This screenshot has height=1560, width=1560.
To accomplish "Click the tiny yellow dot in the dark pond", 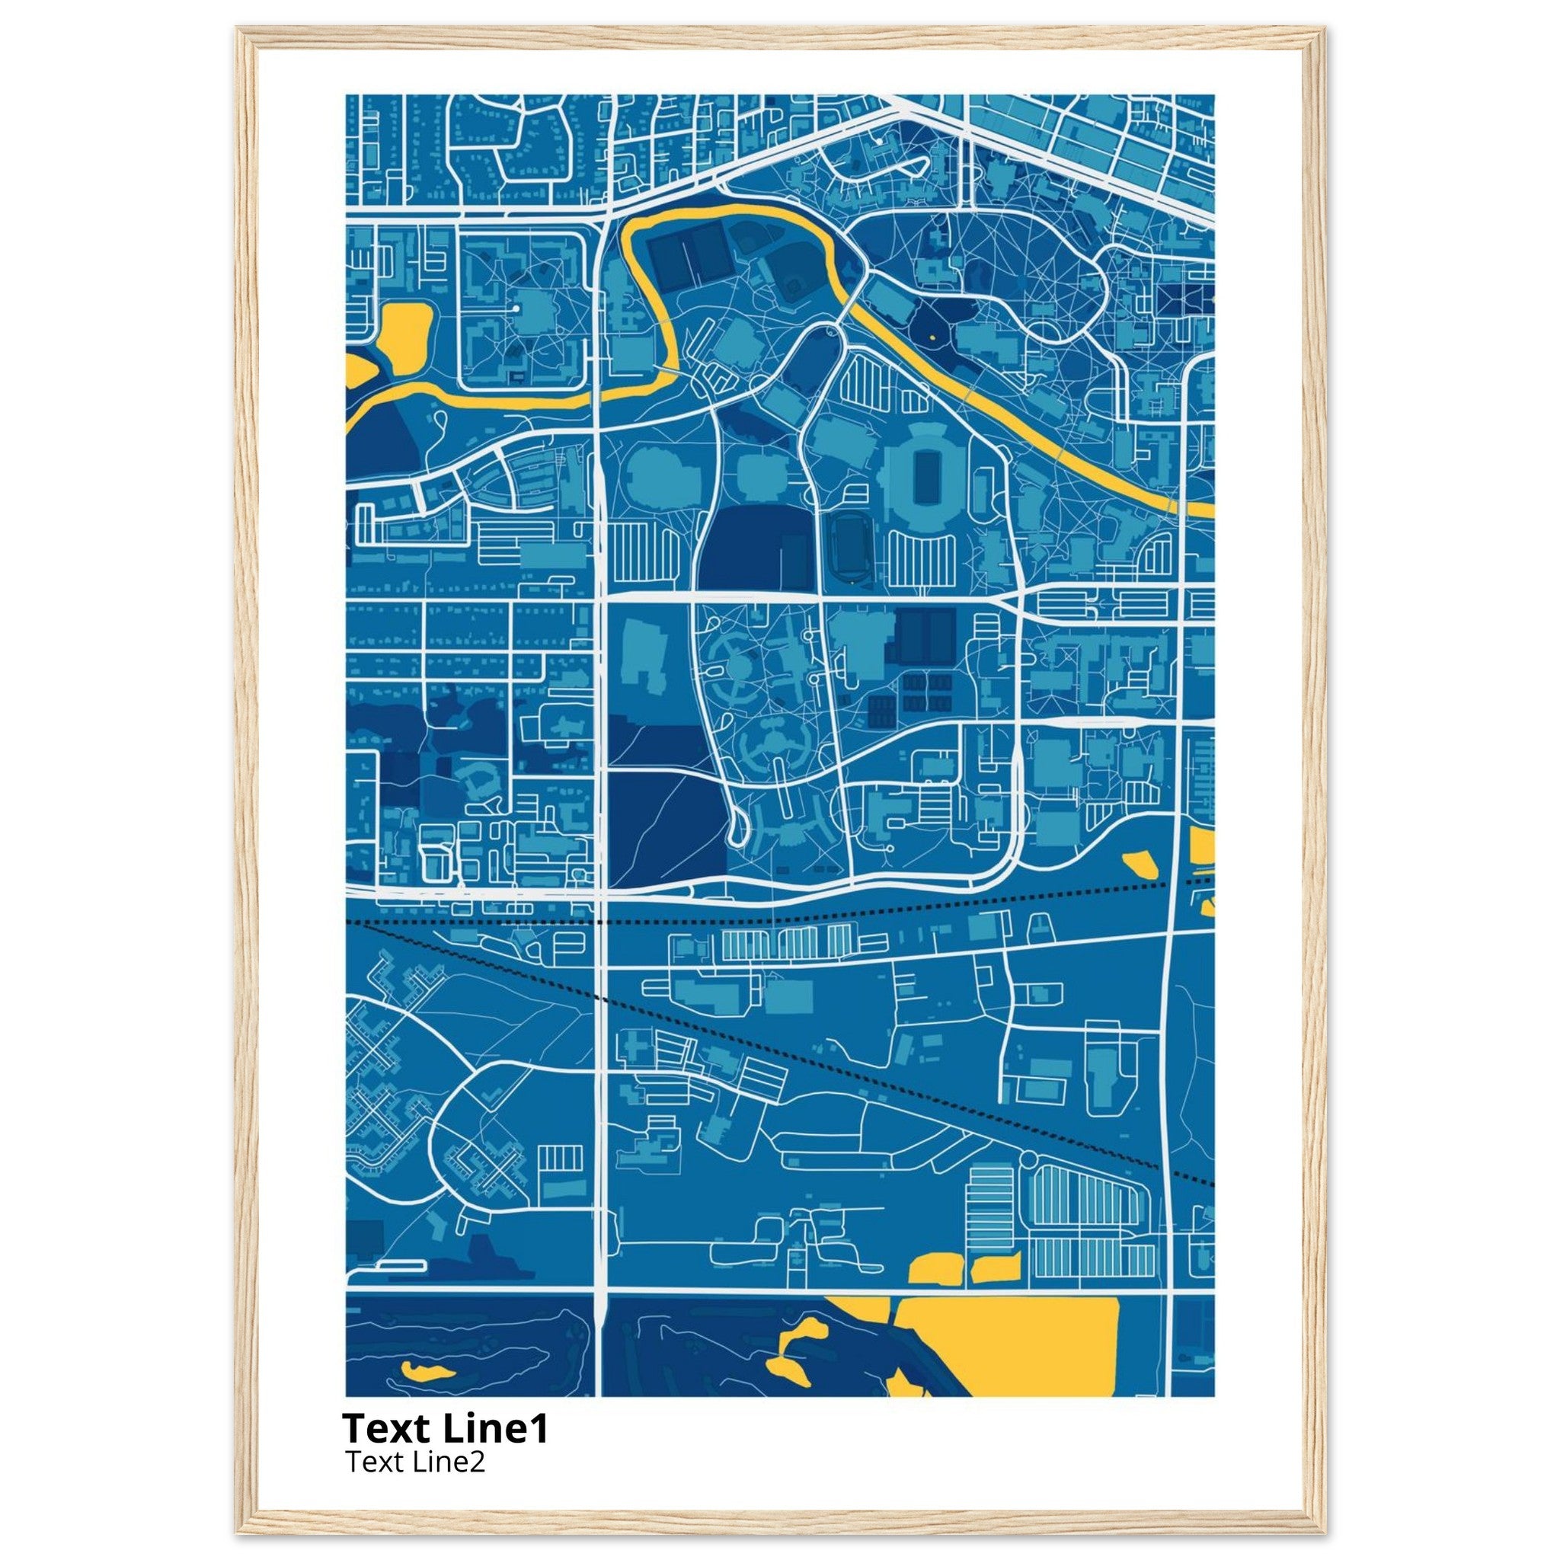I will [x=931, y=336].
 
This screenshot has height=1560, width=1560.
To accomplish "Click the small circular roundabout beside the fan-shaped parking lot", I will [x=1028, y=1160].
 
